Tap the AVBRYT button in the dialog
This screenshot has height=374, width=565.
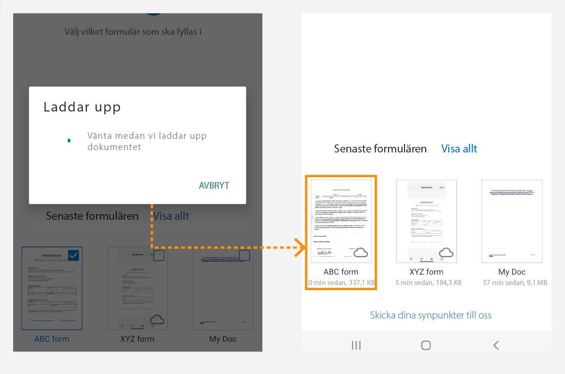pyautogui.click(x=214, y=185)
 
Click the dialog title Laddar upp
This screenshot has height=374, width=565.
pyautogui.click(x=82, y=107)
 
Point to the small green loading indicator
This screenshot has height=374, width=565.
pyautogui.click(x=69, y=141)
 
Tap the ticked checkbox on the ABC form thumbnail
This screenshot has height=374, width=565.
pyautogui.click(x=73, y=255)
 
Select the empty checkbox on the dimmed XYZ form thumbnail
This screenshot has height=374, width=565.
pyautogui.click(x=159, y=255)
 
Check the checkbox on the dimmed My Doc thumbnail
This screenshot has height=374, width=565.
pyautogui.click(x=244, y=255)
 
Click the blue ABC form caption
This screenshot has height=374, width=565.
pyautogui.click(x=52, y=339)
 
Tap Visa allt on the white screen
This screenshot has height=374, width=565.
pyautogui.click(x=459, y=149)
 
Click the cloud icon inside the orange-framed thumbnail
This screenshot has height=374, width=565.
pyautogui.click(x=361, y=253)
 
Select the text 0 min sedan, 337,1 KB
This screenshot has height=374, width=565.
pyautogui.click(x=341, y=283)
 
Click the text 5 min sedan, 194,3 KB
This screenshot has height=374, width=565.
pyautogui.click(x=427, y=283)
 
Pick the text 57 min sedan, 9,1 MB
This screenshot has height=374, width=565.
pyautogui.click(x=512, y=283)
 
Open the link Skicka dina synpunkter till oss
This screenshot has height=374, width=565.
pyautogui.click(x=430, y=315)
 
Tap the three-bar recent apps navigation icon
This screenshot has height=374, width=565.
pyautogui.click(x=356, y=345)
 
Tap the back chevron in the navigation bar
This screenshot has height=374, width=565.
pyautogui.click(x=496, y=345)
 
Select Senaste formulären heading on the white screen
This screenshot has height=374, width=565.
pyautogui.click(x=380, y=149)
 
